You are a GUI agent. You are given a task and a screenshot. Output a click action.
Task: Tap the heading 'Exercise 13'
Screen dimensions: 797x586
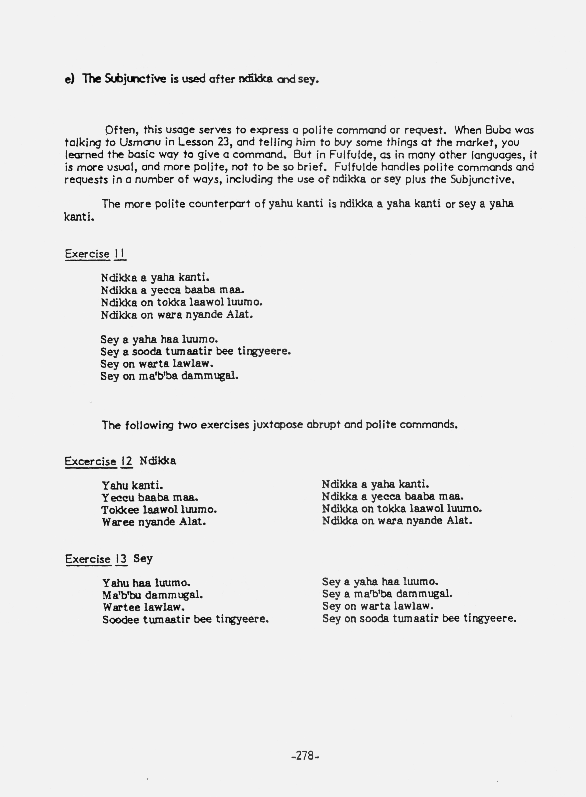(x=96, y=559)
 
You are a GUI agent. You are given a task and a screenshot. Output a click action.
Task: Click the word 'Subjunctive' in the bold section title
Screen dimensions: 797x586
(x=135, y=79)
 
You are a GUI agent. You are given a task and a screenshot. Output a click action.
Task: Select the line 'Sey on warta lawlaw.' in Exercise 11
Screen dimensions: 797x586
(x=156, y=364)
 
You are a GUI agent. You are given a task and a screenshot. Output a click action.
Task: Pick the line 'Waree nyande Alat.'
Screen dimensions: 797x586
(x=154, y=522)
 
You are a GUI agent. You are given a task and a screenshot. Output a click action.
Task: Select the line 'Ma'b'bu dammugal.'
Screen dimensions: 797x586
(x=153, y=595)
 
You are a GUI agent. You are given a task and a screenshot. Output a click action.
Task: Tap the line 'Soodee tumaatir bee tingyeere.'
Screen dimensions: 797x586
(x=185, y=619)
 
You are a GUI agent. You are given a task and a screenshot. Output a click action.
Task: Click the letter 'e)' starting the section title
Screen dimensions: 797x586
(x=70, y=79)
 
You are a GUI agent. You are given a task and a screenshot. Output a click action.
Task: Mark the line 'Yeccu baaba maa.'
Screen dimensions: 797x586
(x=150, y=497)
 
